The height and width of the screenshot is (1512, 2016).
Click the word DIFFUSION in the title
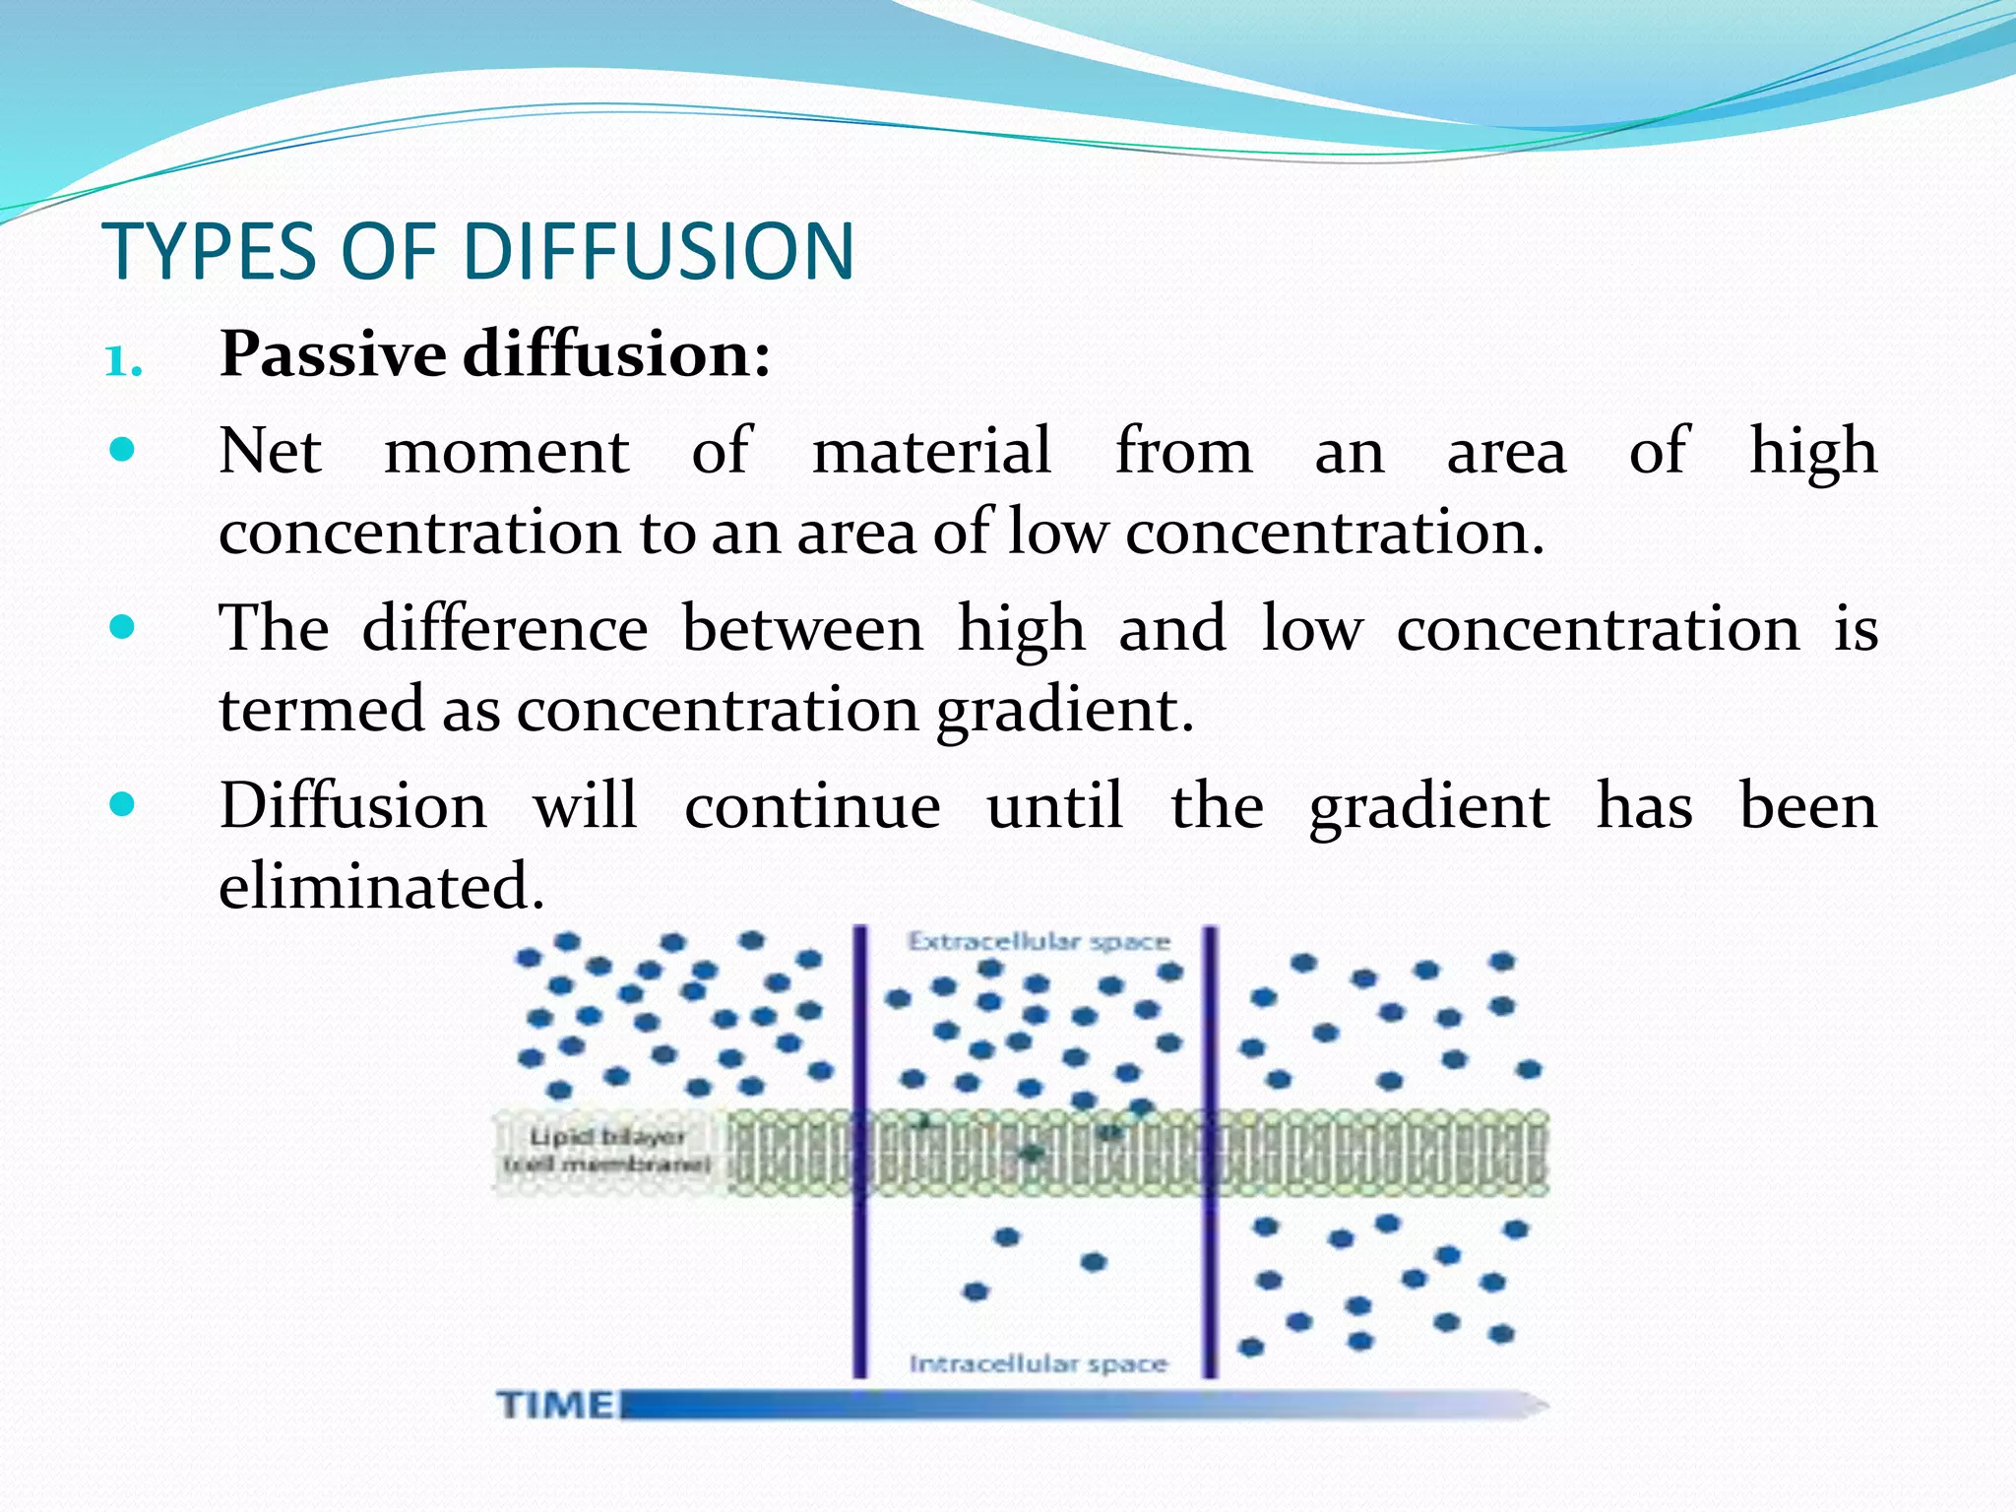[x=658, y=252]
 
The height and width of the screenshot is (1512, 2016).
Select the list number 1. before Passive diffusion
[x=124, y=362]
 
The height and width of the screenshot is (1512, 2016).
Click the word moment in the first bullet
[x=506, y=453]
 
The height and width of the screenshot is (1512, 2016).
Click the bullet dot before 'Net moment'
[x=122, y=451]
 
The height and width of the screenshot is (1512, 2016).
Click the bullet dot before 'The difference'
[x=122, y=627]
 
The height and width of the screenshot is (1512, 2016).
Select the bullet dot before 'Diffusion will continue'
[x=122, y=805]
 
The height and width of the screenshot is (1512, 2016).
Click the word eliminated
[x=381, y=885]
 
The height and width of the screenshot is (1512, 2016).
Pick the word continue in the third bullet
[x=812, y=806]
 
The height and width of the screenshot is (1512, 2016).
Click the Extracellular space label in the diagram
[x=1039, y=942]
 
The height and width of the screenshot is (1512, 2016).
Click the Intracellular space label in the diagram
[x=1039, y=1364]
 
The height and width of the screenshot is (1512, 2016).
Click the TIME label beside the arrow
[x=555, y=1405]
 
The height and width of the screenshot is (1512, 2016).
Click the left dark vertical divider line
[x=859, y=1152]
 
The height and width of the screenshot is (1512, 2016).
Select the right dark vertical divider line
[x=1210, y=1152]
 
